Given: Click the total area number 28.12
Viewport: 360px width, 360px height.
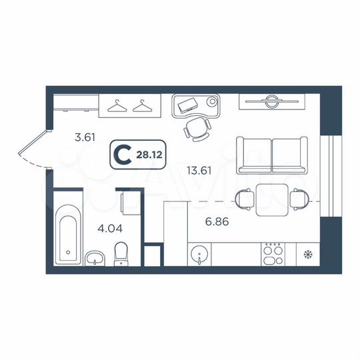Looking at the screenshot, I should click(147, 155).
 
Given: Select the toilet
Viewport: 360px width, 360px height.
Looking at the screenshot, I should click(121, 253).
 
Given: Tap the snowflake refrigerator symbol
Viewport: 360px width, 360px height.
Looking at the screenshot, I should click(307, 254).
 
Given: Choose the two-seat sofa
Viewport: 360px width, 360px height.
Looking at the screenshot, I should click(272, 156).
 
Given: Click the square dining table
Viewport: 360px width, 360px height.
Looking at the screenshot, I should click(273, 199).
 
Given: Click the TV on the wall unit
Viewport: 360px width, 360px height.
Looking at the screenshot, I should click(271, 101).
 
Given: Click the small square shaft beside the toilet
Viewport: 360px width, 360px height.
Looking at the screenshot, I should click(153, 257).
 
